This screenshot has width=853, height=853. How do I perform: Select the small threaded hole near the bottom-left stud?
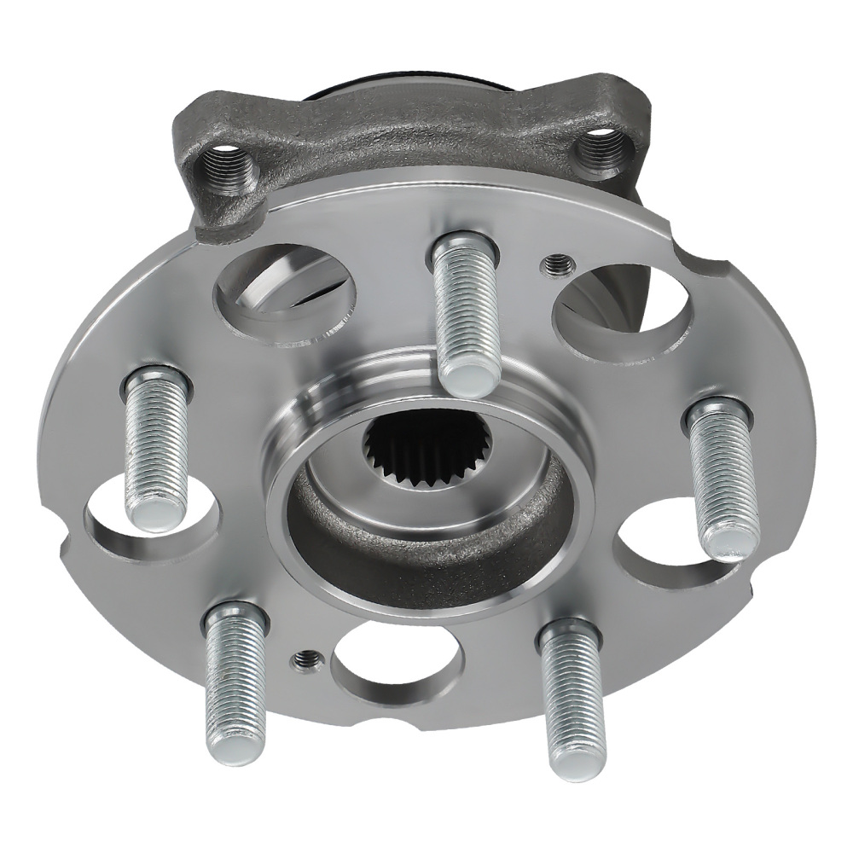coord(306,659)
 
